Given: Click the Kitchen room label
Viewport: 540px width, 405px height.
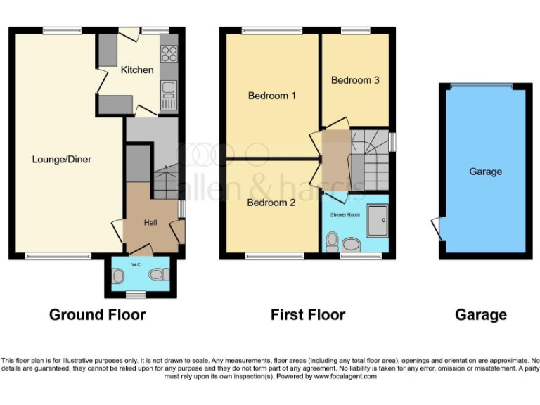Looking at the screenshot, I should click(136, 70).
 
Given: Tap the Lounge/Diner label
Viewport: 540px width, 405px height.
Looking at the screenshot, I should click(62, 160).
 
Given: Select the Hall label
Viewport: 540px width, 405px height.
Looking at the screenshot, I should click(150, 222).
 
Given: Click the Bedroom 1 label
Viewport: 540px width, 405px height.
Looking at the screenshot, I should click(272, 96).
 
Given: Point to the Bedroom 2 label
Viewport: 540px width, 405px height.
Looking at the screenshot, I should click(271, 202).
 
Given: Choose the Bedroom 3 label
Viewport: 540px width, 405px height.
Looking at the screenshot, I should click(355, 80).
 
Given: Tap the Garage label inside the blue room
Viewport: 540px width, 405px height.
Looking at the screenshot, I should click(485, 172).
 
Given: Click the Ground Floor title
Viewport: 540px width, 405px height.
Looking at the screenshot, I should click(97, 314).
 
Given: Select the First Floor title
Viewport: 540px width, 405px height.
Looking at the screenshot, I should click(308, 314).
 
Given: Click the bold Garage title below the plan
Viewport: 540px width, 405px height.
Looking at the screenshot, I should click(481, 314).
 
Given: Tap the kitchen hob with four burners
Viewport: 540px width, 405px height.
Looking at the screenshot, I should click(169, 53).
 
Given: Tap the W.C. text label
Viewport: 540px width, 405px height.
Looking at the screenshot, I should click(136, 265).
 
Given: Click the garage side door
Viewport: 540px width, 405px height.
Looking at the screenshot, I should click(435, 227).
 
